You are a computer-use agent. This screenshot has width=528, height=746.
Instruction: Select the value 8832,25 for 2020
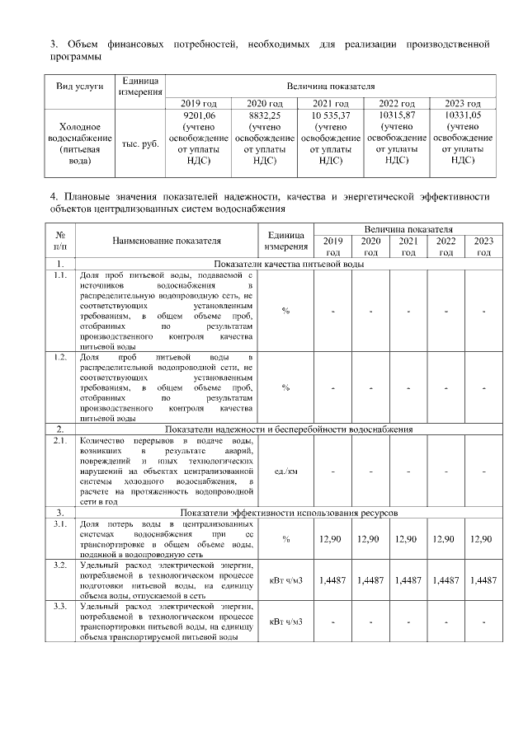pos(264,116)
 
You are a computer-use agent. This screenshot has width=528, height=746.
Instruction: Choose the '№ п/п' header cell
pos(60,241)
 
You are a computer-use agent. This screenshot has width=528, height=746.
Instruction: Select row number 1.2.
pos(60,357)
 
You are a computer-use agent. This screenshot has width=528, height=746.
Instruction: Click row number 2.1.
pos(60,442)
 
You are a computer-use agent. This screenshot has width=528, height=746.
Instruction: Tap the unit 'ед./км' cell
pos(285,471)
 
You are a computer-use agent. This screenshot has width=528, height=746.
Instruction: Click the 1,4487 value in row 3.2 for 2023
pos(483,580)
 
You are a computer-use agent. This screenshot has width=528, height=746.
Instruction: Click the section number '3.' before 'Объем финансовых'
pos(54,42)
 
